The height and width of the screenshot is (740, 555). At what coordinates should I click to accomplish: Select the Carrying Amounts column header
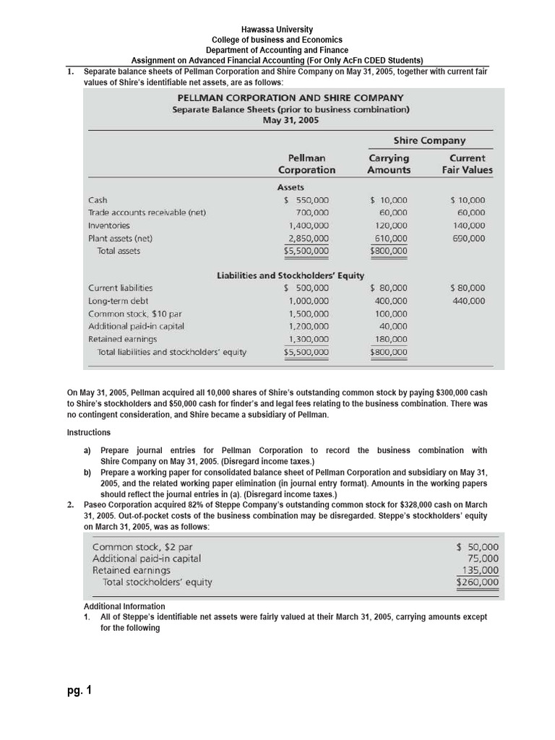[388, 164]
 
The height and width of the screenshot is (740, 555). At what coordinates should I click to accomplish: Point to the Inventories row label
[109, 225]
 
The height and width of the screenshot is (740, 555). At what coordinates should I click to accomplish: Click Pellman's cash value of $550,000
[306, 200]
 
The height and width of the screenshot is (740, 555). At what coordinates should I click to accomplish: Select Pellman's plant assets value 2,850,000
[309, 238]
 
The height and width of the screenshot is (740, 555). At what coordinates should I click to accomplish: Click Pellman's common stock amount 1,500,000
[309, 314]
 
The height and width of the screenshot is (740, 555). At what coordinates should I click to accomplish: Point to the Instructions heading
[89, 433]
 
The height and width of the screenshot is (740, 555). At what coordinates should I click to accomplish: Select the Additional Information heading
[124, 606]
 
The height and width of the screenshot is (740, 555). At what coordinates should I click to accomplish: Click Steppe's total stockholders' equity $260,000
[478, 582]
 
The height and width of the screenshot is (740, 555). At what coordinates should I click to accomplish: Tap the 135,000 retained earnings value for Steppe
[480, 569]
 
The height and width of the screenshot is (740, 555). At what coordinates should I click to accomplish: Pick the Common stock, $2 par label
[142, 546]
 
